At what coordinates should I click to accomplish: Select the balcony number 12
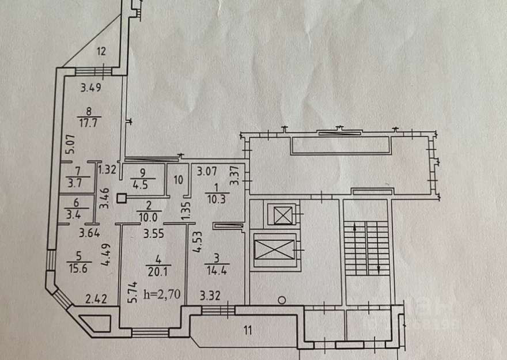[x=101, y=52]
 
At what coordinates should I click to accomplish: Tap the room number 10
[x=178, y=180]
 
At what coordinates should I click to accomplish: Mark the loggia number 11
[x=247, y=331]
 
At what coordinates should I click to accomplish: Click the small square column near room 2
[x=121, y=199]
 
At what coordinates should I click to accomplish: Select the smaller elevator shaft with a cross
[x=282, y=216]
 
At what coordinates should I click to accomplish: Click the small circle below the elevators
[x=281, y=300]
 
